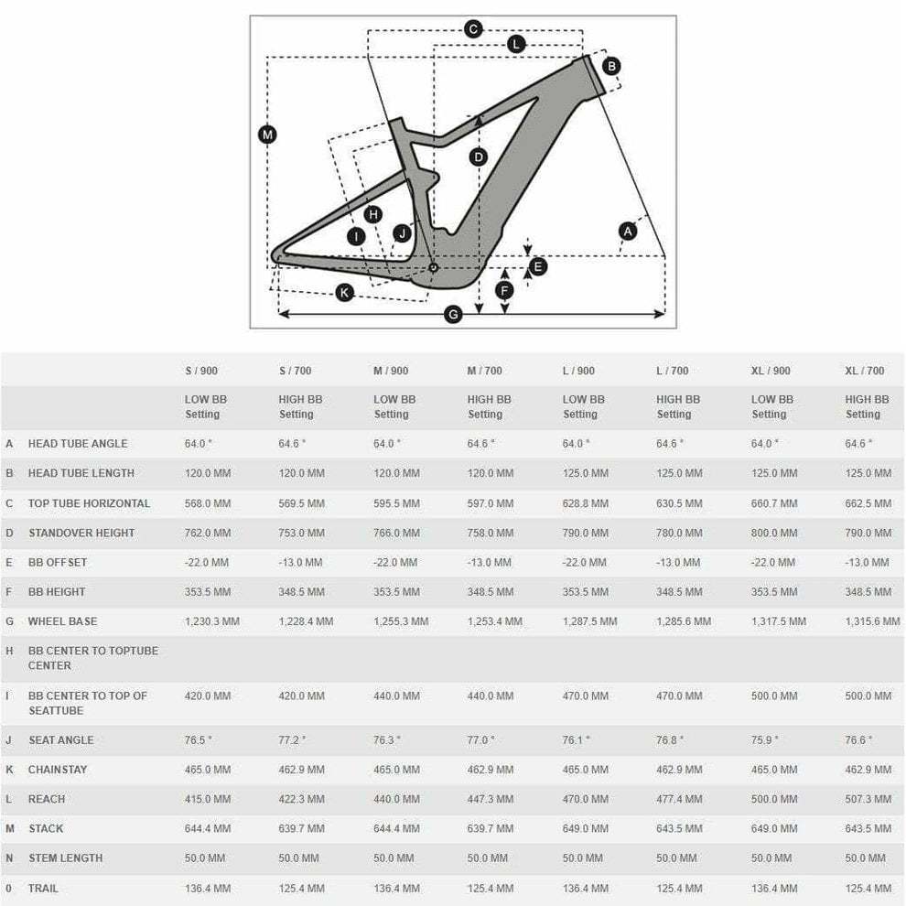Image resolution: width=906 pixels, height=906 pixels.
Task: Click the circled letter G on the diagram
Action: click(x=452, y=315)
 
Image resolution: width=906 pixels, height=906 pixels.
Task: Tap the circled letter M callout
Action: click(x=266, y=135)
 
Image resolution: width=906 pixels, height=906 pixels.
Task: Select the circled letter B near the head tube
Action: click(x=611, y=65)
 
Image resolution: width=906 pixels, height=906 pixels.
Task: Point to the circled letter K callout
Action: click(x=344, y=292)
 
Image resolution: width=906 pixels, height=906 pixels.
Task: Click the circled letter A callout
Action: click(x=627, y=231)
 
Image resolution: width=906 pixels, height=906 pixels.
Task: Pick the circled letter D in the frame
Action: click(x=478, y=156)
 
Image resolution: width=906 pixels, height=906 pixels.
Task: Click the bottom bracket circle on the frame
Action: click(x=433, y=267)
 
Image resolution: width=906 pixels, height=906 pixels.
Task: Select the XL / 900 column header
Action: click(x=770, y=371)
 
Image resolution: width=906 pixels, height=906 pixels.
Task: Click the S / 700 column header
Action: click(x=295, y=371)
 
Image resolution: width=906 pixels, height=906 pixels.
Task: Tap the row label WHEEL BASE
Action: click(x=62, y=621)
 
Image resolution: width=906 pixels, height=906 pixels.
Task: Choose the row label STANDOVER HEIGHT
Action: click(x=81, y=533)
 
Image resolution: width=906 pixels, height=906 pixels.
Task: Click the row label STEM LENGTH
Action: click(x=65, y=857)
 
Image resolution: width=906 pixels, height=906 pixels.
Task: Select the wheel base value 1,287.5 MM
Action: click(x=589, y=621)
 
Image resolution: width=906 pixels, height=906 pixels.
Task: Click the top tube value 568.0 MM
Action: click(x=208, y=503)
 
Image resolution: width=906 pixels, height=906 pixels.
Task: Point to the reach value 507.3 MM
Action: click(x=868, y=799)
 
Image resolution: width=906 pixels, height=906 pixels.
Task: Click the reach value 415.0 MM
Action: click(x=208, y=799)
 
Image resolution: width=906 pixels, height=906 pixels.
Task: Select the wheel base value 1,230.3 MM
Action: click(x=212, y=621)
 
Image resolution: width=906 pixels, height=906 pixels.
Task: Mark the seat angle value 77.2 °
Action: click(x=293, y=739)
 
